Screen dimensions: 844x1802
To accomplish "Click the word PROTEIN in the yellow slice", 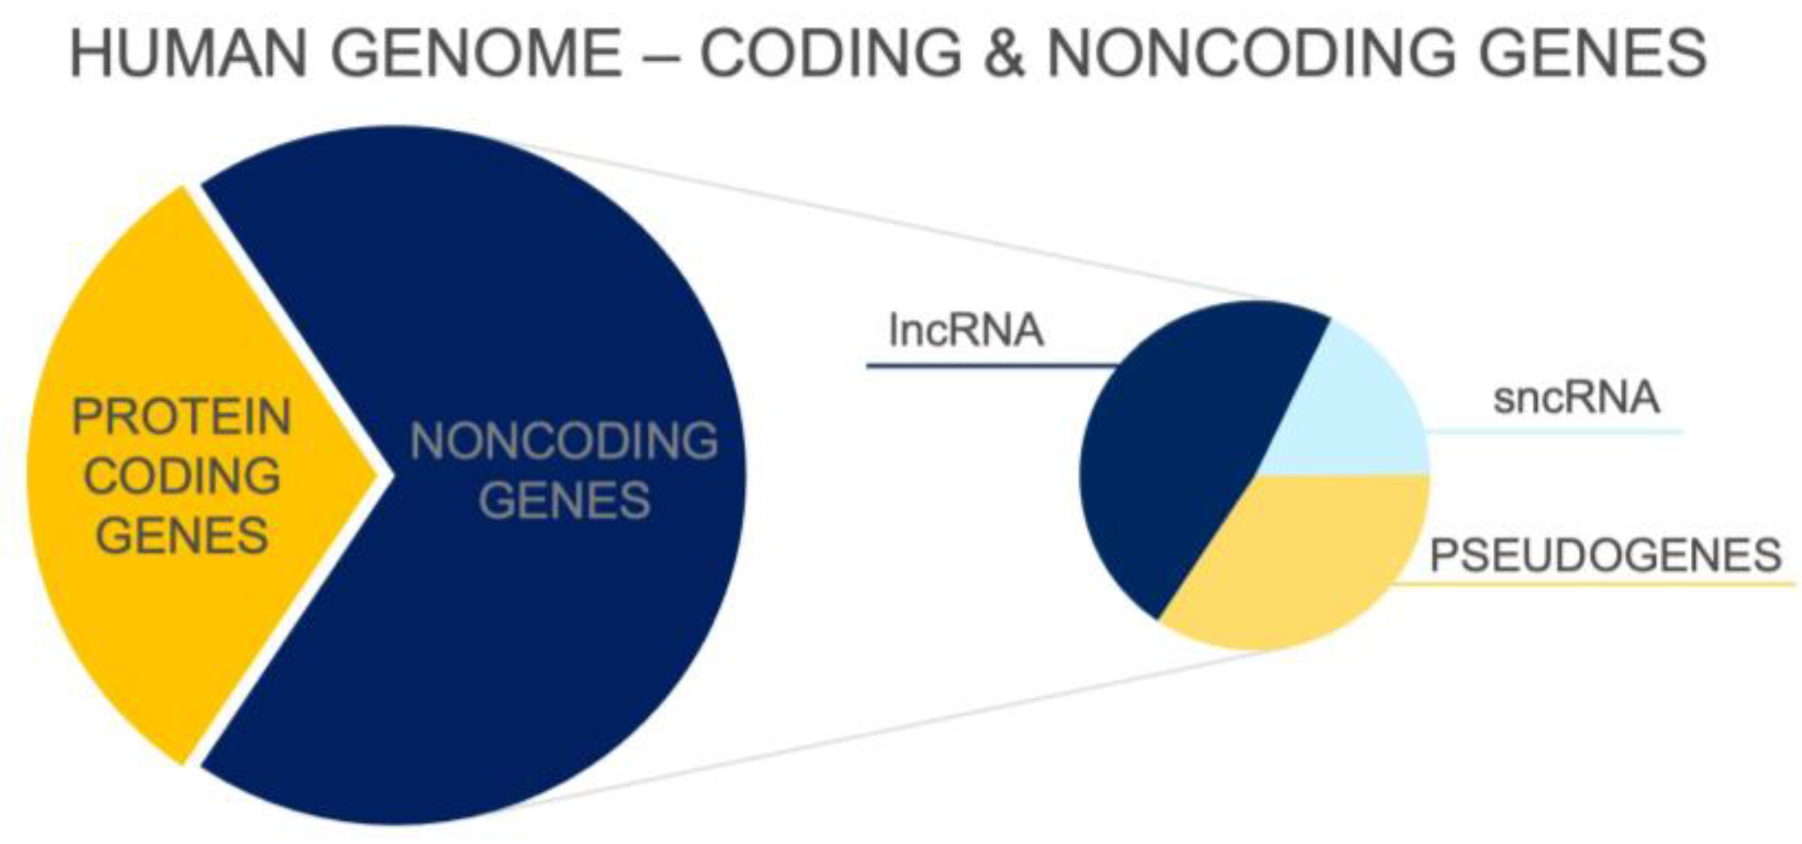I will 182,417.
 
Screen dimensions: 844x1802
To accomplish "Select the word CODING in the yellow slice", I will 182,477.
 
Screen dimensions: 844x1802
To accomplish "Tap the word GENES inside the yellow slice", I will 182,536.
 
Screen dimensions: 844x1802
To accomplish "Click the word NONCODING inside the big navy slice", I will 564,441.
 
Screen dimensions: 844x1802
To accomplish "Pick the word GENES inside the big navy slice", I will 564,501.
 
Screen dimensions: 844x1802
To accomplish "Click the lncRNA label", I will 965,331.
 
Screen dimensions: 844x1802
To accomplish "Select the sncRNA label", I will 1576,399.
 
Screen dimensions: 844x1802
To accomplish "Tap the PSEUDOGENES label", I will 1605,556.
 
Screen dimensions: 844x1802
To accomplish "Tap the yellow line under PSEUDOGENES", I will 1596,584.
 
